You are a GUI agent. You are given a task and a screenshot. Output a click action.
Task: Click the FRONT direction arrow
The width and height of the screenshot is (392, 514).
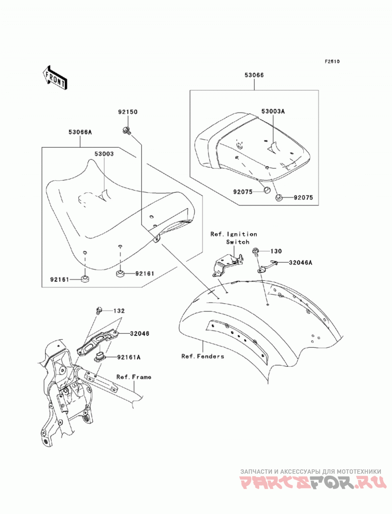pos(54,78)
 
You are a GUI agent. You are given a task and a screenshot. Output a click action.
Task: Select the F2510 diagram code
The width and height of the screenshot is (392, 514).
pos(332,61)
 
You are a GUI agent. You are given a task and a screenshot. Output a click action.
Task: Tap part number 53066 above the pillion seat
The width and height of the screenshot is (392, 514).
pos(254,75)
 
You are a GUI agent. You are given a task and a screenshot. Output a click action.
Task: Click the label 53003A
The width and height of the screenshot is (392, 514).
pos(273,111)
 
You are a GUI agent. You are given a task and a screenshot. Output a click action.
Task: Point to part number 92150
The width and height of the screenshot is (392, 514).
pos(128,112)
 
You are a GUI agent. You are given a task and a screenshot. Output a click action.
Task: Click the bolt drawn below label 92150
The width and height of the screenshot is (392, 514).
pos(126,131)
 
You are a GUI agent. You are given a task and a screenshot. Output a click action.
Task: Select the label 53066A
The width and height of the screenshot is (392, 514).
pos(80,132)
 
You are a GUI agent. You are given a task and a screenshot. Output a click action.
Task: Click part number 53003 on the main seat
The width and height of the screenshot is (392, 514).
pos(104,154)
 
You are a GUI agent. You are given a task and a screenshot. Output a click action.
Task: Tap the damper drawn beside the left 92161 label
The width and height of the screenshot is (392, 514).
pos(85,279)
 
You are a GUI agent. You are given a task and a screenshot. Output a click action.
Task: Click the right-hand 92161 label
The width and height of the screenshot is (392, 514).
pos(144,273)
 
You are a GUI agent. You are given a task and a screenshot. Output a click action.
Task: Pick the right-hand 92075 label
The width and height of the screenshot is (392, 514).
pos(303,197)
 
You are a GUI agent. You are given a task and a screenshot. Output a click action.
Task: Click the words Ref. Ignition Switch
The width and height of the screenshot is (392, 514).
pos(234,238)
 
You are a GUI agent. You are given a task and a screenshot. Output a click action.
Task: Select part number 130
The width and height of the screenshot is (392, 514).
pos(276,251)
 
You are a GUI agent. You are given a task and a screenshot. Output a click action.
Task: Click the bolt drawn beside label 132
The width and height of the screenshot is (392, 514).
pos(99,310)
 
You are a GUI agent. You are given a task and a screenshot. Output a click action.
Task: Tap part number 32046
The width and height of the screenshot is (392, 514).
pos(139,333)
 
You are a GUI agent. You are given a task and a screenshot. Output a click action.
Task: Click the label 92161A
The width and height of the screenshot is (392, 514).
pos(128,357)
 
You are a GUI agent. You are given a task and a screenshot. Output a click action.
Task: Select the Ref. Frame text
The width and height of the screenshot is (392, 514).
pos(134,377)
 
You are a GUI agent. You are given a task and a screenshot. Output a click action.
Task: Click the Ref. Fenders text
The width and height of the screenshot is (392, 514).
pos(203,356)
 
